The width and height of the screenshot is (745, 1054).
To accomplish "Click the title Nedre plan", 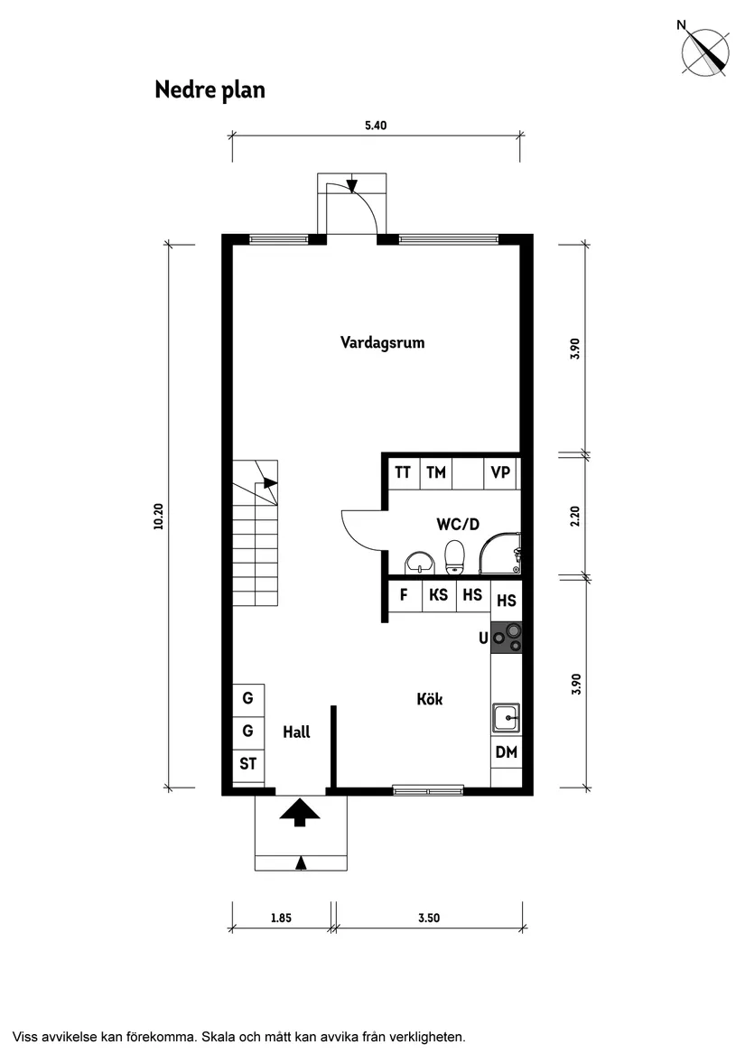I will pos(210,90).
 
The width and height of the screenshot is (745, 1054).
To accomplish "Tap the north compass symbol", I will pos(705,51).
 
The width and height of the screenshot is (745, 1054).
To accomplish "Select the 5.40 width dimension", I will pos(376,126).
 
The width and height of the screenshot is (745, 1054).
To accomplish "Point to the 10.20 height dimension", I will pos(159,515).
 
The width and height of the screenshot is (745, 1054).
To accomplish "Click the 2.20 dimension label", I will pos(575,516).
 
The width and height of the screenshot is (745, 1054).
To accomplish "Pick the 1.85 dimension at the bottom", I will pos(281,919).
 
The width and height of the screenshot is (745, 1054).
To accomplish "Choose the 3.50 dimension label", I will pos(429,919).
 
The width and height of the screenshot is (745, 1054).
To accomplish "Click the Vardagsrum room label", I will pos(382,343).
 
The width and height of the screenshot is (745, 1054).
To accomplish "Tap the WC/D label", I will pos(457,523).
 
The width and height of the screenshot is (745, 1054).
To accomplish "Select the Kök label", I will pos(430,699).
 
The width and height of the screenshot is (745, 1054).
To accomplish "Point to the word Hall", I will pos(296,732).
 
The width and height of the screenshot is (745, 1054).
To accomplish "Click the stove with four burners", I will pos(506,639).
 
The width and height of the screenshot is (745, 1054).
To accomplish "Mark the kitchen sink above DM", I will pos(506,719).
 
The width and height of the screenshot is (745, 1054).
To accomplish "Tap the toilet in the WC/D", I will pos(455,556).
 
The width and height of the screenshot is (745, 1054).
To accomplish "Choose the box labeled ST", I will pos(248,764).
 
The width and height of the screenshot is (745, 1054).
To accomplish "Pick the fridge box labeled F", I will pos(405,595).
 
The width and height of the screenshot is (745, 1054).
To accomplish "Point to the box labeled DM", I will pos(507,752).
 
